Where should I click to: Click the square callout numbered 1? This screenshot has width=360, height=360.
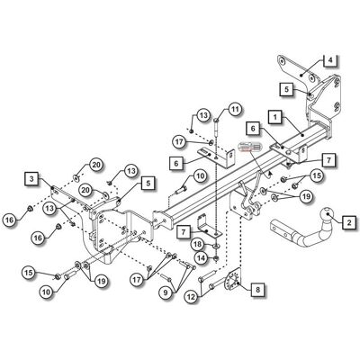coord(276,117)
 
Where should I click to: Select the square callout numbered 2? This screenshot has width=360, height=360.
coord(349,222)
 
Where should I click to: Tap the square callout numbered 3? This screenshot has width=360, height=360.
coord(31,179)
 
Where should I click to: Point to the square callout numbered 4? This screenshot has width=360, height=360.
coord(330,60)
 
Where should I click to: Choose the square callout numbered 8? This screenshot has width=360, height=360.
coord(257,290)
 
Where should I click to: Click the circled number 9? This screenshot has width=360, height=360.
coord(166,292)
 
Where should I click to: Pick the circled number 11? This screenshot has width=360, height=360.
coord(234,110)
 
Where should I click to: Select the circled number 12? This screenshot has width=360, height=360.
coord(192,297)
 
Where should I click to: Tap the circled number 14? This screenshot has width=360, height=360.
coord(202,257)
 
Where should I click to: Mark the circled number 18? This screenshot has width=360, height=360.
coord(198,244)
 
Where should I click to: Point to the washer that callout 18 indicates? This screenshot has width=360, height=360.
coord(216,246)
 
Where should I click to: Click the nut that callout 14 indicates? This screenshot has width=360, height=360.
coord(216,257)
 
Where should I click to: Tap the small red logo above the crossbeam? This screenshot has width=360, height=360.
coord(250,147)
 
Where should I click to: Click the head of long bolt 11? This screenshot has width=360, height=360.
coord(216,121)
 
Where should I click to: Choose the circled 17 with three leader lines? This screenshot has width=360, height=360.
coord(138,280)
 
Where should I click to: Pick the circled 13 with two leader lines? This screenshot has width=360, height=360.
coord(50,208)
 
